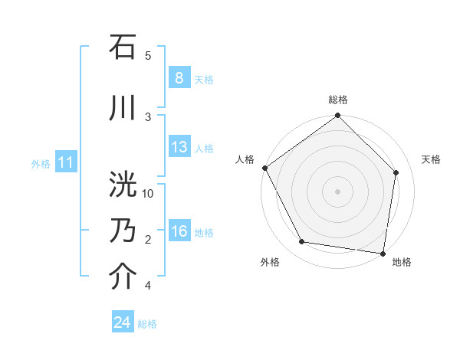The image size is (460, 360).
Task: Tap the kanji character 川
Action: tap(123, 108)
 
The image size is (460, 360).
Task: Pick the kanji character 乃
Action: tap(123, 231)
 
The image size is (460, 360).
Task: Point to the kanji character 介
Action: tap(123, 277)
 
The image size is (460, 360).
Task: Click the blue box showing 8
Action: tap(179, 77)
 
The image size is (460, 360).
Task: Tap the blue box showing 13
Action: tap(179, 147)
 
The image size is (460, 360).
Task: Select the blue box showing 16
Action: tap(179, 231)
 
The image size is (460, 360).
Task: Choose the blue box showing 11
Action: tap(65, 162)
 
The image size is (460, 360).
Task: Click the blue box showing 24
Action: tap(123, 322)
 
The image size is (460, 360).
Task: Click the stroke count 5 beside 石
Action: tap(148, 56)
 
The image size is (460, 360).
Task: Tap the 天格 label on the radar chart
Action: tap(431, 159)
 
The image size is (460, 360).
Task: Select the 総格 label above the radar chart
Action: tap(338, 100)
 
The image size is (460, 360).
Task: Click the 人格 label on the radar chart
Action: tap(245, 159)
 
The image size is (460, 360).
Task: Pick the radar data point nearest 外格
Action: tap(302, 242)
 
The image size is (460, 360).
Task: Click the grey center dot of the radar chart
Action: tap(338, 191)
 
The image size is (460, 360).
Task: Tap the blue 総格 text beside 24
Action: tap(147, 324)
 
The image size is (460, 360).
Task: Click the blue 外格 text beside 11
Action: tap(40, 163)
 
